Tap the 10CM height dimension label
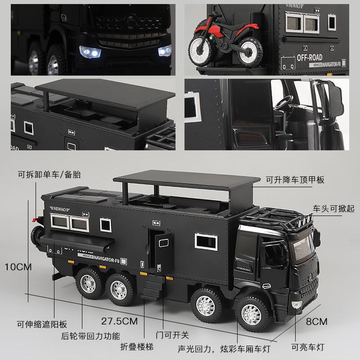click(x=18, y=266)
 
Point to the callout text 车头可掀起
click(x=334, y=208)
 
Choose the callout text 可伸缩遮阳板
click(x=42, y=323)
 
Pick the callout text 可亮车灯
click(x=307, y=347)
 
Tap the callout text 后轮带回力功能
click(x=91, y=335)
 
